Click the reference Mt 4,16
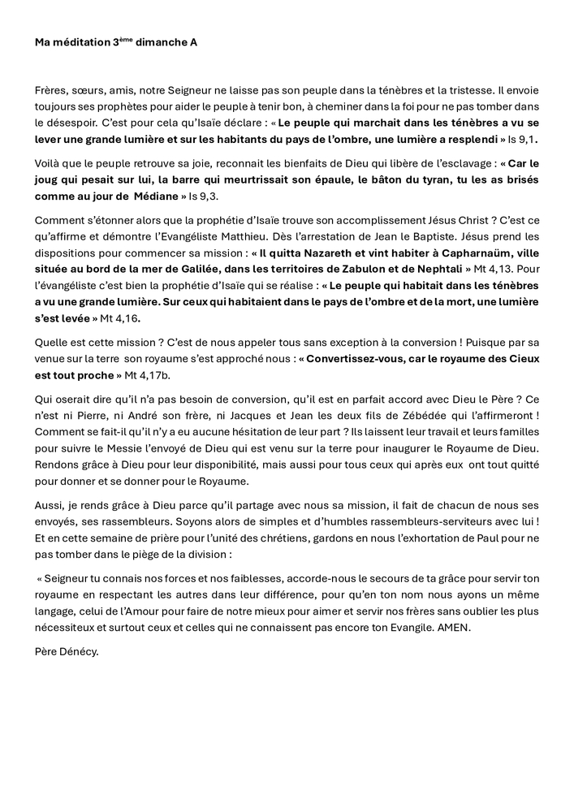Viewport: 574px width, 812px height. (114, 320)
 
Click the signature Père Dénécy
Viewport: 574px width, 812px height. (67, 652)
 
